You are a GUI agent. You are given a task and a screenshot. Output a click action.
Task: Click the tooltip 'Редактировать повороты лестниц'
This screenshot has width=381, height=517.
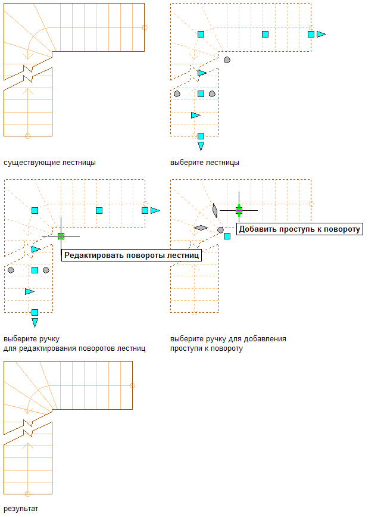132,255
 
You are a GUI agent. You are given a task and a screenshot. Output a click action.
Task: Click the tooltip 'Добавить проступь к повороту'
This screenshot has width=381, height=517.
299,229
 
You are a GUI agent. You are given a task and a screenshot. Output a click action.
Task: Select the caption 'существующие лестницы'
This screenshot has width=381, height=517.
49,162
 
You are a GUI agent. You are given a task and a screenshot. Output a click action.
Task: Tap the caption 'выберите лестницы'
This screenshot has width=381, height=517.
205,162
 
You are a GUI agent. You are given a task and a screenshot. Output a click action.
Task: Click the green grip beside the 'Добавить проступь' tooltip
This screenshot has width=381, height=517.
239,210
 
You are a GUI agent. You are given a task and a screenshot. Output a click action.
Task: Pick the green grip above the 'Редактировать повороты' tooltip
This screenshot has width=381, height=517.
61,236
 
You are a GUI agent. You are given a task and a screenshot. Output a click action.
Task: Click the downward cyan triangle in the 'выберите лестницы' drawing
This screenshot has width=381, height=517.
201,146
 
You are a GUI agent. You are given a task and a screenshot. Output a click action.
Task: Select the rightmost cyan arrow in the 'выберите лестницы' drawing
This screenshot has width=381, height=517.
321,35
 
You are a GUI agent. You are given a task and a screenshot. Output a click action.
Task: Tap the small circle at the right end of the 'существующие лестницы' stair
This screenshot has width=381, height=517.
145,27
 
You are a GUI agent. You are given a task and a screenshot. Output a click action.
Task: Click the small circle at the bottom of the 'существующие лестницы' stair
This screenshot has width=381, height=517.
27,136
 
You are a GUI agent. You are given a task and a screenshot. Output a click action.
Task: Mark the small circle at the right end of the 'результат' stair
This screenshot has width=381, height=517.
132,385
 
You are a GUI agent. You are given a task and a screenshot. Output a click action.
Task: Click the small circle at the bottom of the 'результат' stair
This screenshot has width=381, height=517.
27,494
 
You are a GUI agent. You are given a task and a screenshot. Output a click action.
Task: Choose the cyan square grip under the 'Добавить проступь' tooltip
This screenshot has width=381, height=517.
227,236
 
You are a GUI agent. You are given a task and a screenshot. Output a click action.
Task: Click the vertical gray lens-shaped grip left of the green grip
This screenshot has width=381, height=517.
214,210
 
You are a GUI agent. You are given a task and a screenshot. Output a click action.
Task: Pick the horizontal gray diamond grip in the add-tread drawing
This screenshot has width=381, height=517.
201,228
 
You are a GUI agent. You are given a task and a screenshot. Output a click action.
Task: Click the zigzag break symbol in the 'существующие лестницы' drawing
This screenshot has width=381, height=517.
27,73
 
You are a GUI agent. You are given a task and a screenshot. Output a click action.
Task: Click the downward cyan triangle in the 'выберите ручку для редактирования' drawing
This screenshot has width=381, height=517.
35,322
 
